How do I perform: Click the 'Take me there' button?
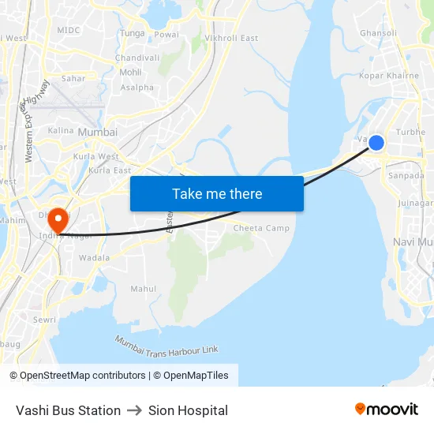tap(217, 194)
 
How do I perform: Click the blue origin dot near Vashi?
tap(376, 143)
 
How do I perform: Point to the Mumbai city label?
tap(98, 133)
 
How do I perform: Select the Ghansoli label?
tap(379, 33)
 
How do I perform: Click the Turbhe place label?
tap(410, 133)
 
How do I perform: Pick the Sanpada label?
tap(406, 176)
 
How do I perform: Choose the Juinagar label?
tap(416, 203)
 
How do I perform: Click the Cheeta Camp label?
tap(261, 228)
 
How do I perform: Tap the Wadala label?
tap(95, 258)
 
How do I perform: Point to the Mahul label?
tap(144, 289)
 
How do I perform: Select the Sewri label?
tap(44, 320)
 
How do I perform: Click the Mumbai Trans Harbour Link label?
tap(166, 346)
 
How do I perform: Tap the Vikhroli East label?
tap(231, 38)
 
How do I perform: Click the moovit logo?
tap(387, 410)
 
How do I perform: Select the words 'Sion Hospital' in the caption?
tap(188, 410)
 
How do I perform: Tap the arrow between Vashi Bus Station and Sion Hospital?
tap(134, 410)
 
